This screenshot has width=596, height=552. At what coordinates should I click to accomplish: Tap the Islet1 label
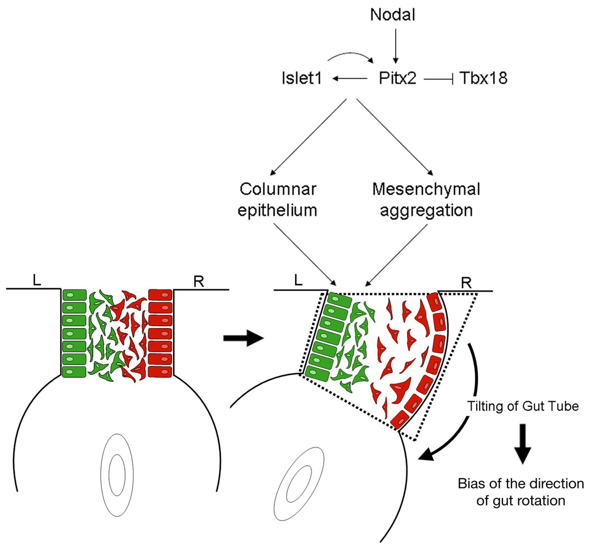pyautogui.click(x=301, y=79)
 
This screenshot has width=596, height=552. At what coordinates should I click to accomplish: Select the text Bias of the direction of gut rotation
pyautogui.click(x=521, y=492)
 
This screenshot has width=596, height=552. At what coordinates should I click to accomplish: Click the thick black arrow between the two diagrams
pyautogui.click(x=244, y=339)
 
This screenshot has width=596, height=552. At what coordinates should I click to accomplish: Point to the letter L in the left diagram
pyautogui.click(x=36, y=280)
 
